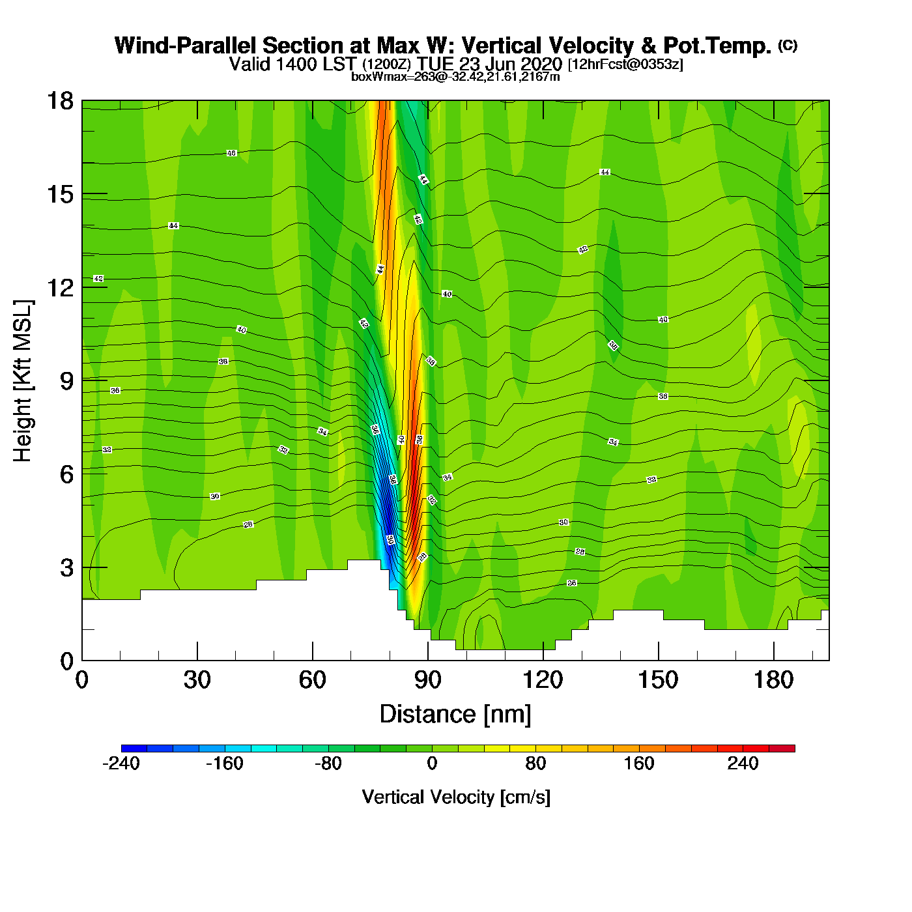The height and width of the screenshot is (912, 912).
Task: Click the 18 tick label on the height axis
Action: (60, 101)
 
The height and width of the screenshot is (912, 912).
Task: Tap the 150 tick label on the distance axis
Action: (658, 680)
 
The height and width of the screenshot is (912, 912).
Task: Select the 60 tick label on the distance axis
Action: (312, 680)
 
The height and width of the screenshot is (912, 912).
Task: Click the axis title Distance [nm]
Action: (455, 715)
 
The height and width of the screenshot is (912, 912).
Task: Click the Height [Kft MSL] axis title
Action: (23, 381)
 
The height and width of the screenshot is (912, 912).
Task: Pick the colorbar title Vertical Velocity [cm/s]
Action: (456, 797)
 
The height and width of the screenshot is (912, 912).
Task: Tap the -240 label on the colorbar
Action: (121, 763)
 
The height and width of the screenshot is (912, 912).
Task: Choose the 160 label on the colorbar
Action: (639, 763)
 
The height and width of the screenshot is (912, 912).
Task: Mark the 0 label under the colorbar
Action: (432, 763)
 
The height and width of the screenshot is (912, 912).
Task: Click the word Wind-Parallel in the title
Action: (186, 46)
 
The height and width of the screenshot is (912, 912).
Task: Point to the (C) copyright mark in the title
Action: (788, 45)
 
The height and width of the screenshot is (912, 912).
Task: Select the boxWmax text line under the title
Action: (455, 76)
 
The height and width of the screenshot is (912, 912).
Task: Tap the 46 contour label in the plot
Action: (231, 153)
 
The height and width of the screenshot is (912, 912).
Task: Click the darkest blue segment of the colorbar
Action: (134, 748)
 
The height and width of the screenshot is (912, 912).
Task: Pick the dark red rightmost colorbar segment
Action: (782, 748)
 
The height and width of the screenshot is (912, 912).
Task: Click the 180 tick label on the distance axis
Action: (773, 680)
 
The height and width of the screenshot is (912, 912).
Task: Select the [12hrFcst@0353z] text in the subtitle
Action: (625, 64)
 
